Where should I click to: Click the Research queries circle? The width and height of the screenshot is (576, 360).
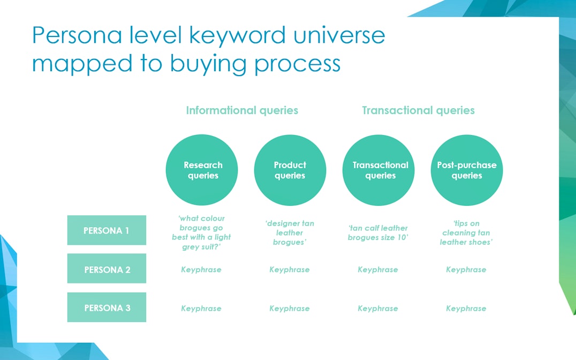pyautogui.click(x=202, y=170)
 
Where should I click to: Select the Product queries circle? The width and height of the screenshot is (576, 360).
pyautogui.click(x=290, y=170)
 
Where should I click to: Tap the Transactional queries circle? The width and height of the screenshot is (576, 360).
pyautogui.click(x=378, y=170)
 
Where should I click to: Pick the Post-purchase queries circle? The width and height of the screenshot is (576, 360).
pyautogui.click(x=467, y=170)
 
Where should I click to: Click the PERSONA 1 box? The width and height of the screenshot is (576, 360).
pyautogui.click(x=107, y=230)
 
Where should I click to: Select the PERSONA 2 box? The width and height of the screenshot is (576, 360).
pyautogui.click(x=107, y=268)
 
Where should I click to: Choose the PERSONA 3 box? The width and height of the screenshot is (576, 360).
pyautogui.click(x=107, y=307)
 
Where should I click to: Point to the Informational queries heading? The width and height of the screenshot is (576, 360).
pyautogui.click(x=242, y=110)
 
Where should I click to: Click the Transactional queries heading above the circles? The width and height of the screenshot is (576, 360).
pyautogui.click(x=419, y=110)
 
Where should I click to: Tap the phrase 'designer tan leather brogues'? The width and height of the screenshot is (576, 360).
pyautogui.click(x=290, y=233)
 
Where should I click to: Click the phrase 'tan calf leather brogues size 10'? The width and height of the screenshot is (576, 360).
pyautogui.click(x=378, y=233)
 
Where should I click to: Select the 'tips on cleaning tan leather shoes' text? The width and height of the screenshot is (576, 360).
pyautogui.click(x=466, y=233)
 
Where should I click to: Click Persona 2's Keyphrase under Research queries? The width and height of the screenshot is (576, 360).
pyautogui.click(x=201, y=269)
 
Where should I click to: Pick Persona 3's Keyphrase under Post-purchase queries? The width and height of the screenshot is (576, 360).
pyautogui.click(x=466, y=309)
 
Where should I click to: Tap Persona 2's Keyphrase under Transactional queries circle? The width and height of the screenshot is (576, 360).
pyautogui.click(x=378, y=269)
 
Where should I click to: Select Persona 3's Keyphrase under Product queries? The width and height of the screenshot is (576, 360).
pyautogui.click(x=290, y=309)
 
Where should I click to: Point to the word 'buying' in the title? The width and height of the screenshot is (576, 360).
pyautogui.click(x=209, y=64)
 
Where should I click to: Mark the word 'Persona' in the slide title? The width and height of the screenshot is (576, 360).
pyautogui.click(x=77, y=35)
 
